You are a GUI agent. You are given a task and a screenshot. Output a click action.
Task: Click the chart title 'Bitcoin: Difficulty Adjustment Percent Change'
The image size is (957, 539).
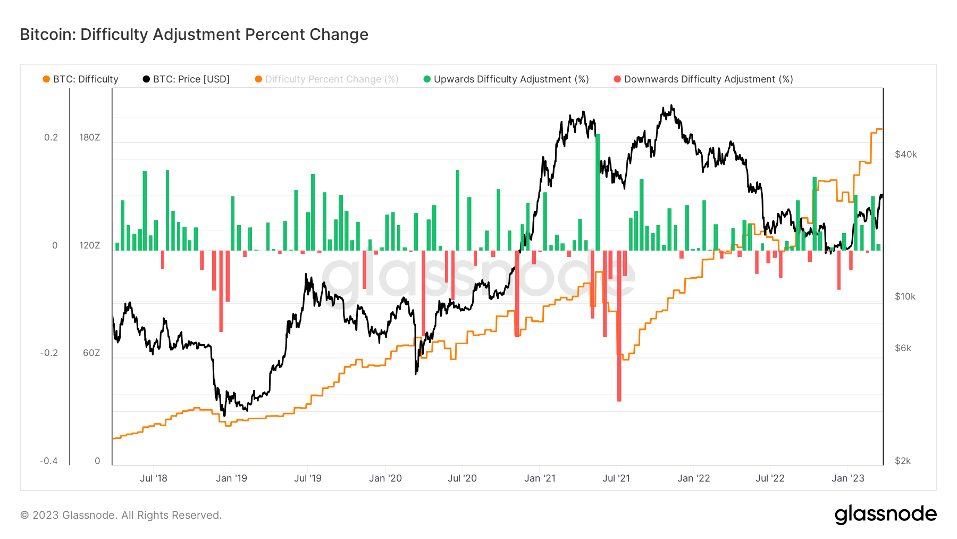click(194, 35)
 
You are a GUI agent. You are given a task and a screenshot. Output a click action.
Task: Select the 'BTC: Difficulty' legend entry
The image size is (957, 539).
click(81, 79)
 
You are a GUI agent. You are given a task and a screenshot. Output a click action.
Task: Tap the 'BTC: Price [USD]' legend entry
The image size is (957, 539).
click(186, 79)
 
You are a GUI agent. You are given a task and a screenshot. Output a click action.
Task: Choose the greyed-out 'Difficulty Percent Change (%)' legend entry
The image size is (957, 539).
click(327, 79)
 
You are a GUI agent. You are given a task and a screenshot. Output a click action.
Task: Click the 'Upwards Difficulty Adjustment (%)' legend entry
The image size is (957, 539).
click(506, 79)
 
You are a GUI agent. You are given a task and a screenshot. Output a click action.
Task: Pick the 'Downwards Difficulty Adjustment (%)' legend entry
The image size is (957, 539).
click(703, 79)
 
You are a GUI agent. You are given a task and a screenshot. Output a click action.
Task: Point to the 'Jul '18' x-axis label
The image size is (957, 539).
click(154, 478)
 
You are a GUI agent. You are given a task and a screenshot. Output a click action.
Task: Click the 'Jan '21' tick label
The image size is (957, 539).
click(540, 478)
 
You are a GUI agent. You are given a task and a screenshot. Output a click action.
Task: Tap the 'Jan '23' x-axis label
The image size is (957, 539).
click(848, 478)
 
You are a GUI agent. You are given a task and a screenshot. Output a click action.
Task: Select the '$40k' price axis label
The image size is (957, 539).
click(906, 154)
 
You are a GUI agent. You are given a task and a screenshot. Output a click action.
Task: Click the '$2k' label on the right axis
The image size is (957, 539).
click(903, 461)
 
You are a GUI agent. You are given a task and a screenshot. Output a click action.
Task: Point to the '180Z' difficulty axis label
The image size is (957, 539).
click(90, 137)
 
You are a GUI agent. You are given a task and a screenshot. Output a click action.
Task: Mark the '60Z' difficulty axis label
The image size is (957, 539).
click(91, 353)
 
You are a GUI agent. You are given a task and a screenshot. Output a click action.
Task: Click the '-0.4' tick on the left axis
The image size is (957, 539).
click(48, 461)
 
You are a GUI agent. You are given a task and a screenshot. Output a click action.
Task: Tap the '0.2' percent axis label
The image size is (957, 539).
click(51, 137)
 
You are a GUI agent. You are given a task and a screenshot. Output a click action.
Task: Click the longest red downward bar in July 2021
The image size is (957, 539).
click(619, 326)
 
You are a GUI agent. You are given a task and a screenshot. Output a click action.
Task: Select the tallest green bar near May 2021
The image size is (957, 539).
click(598, 192)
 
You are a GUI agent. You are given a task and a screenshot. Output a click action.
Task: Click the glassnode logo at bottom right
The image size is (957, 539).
click(886, 515)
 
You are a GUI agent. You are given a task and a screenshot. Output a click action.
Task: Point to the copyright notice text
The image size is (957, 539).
click(121, 515)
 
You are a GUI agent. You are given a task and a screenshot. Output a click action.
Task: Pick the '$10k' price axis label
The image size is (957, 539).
click(905, 296)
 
